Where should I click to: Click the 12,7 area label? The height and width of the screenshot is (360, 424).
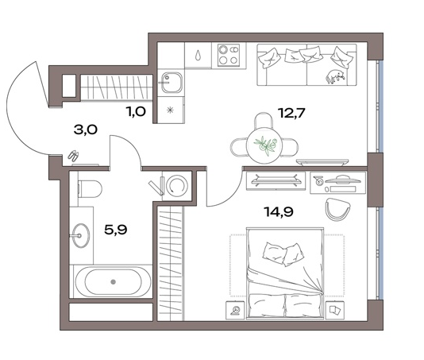pos(291,113)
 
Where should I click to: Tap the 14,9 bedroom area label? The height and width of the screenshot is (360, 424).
pos(279,211)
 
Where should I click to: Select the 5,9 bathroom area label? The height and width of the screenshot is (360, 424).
pos(116,230)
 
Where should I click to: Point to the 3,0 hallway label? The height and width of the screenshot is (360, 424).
pos(86,130)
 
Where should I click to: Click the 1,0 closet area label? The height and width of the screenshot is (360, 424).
pos(136,111)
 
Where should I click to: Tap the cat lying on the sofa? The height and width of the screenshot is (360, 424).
pos(335,76)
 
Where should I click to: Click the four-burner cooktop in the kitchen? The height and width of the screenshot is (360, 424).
pos(229,54)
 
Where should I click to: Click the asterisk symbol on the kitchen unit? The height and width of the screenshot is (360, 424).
pos(170,110)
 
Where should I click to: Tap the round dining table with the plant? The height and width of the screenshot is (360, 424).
pos(265,146)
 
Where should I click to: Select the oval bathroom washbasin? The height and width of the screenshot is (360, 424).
pos(81,235)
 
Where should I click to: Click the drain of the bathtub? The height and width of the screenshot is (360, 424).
pos(113,282)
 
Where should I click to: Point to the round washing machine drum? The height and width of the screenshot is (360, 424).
pos(177,185)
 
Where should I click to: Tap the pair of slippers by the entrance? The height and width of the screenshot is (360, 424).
pos(73,157)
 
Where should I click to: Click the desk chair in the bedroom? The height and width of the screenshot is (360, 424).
pos(337,209)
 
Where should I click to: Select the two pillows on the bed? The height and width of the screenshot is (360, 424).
pos(282,254)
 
